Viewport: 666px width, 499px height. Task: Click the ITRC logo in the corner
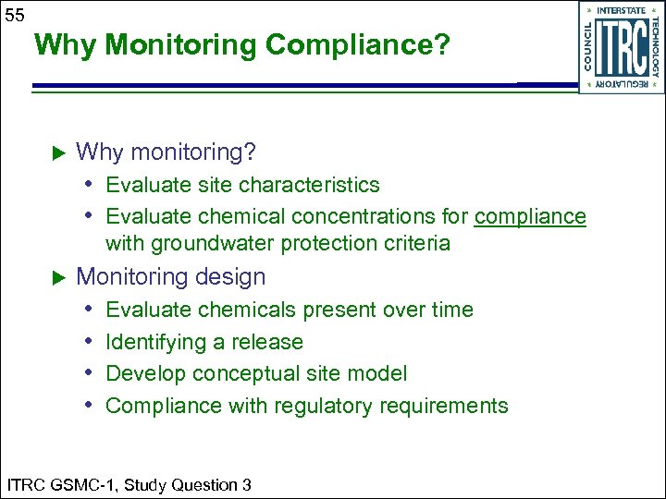[621, 47]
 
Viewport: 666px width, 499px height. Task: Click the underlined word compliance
[530, 216]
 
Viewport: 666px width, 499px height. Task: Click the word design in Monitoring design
[237, 277]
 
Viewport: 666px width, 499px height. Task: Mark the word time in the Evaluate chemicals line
[451, 310]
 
